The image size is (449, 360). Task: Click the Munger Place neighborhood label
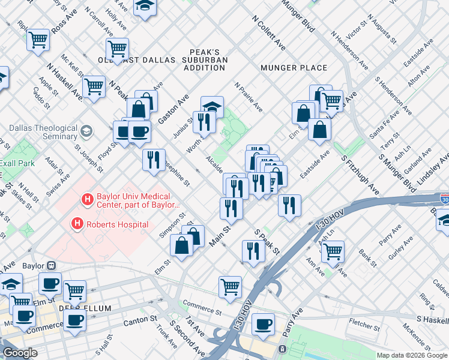pyautogui.click(x=294, y=68)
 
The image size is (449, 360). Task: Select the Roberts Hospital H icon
pyautogui.click(x=77, y=224)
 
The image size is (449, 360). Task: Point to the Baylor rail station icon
pyautogui.click(x=52, y=265)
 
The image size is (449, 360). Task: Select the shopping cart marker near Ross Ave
pyautogui.click(x=38, y=40)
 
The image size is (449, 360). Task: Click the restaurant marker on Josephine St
pyautogui.click(x=154, y=160)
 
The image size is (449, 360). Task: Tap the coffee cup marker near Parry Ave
pyautogui.click(x=263, y=324)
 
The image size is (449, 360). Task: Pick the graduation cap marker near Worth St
pyautogui.click(x=212, y=107)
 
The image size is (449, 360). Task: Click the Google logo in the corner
pyautogui.click(x=20, y=353)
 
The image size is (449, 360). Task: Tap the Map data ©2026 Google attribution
pyautogui.click(x=412, y=355)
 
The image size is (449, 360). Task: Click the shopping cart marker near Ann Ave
pyautogui.click(x=333, y=251)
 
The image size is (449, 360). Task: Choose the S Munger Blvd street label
pyautogui.click(x=397, y=171)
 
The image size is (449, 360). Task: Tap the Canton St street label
pyautogui.click(x=140, y=323)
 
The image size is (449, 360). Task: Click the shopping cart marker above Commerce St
pyautogui.click(x=230, y=287)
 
